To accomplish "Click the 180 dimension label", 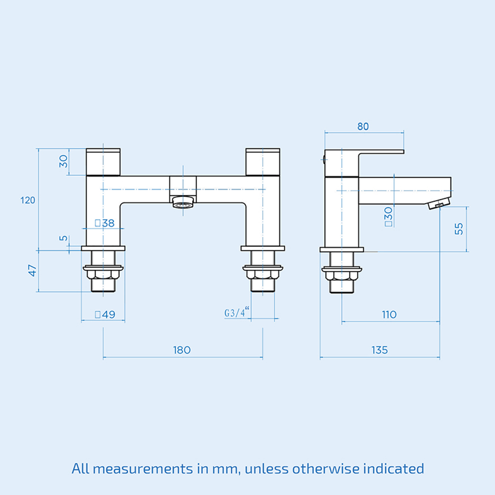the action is click(182, 350).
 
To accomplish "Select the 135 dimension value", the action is click(380, 350).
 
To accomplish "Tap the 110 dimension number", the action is click(389, 314).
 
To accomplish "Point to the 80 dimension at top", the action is click(363, 126).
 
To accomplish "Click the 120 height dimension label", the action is click(28, 200).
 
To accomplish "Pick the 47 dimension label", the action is click(33, 271).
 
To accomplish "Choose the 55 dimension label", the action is click(459, 229).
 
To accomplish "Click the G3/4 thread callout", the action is click(237, 312).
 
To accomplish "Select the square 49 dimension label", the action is click(105, 314).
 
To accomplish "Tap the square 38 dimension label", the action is click(104, 223).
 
